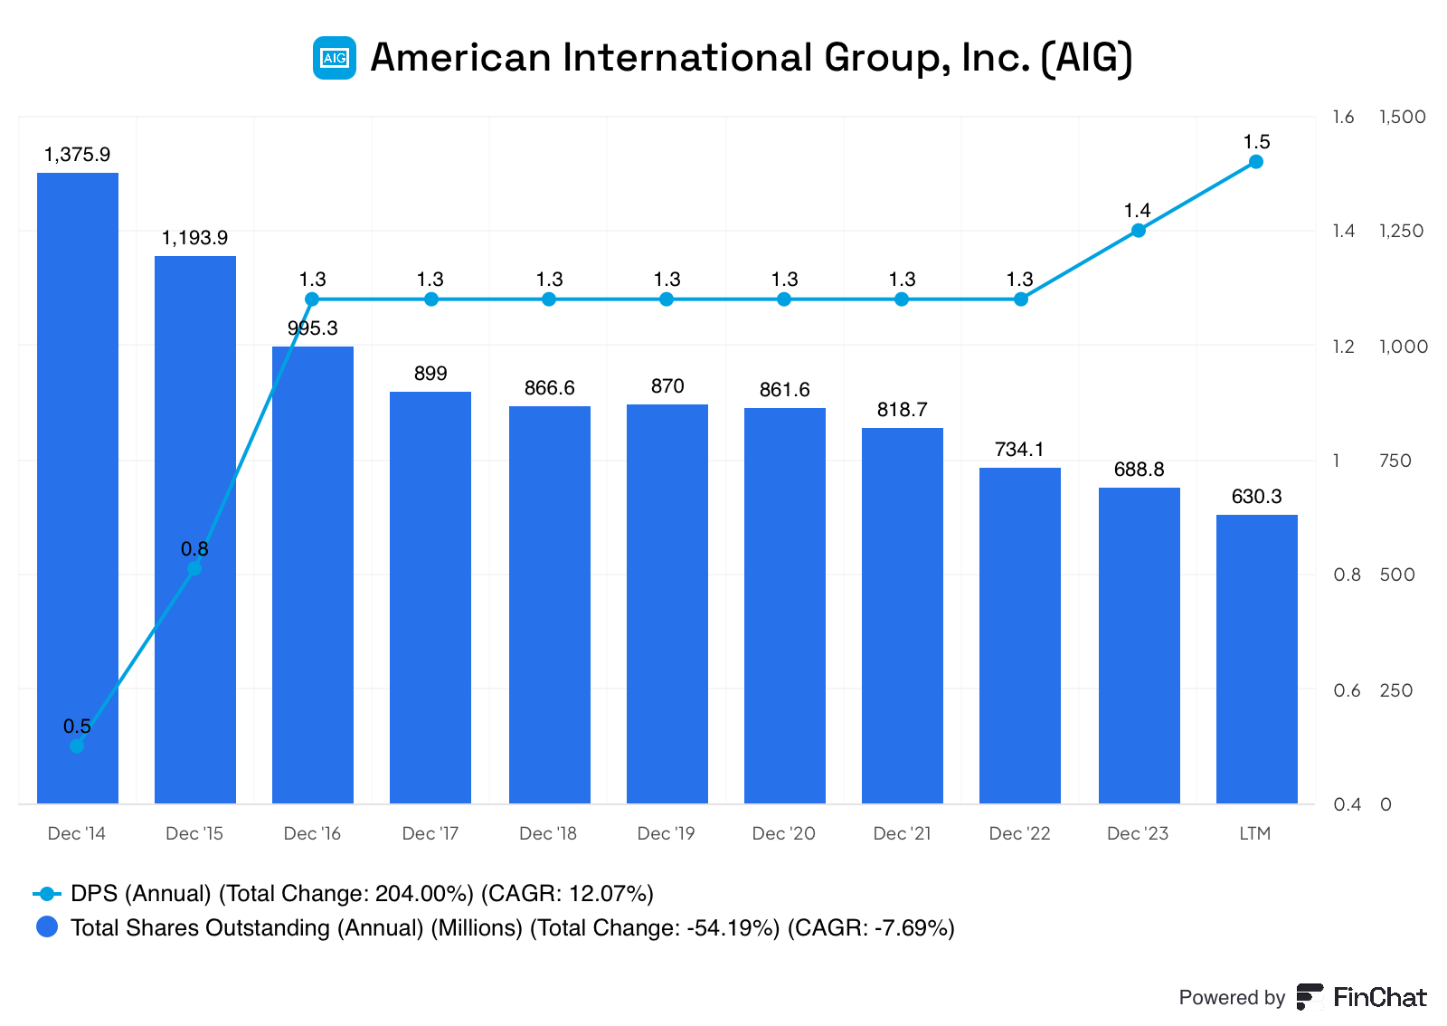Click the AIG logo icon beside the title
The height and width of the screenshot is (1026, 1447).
click(x=334, y=58)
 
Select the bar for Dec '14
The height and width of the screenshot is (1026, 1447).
click(x=78, y=489)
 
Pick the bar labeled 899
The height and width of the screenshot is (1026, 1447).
click(x=430, y=597)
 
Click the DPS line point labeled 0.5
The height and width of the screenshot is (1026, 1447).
click(x=77, y=746)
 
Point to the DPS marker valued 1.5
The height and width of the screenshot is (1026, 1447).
click(x=1256, y=162)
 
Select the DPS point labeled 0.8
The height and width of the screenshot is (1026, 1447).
click(x=194, y=568)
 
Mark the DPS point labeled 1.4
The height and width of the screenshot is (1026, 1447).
click(x=1139, y=231)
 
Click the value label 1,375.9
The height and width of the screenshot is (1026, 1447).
click(x=77, y=155)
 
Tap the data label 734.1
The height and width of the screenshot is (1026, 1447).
click(x=1019, y=450)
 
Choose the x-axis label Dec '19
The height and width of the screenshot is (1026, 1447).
click(x=666, y=833)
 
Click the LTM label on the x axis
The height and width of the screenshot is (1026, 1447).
click(x=1254, y=833)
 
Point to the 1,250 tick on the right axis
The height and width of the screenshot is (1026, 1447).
click(x=1401, y=232)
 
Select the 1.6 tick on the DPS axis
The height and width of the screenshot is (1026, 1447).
click(x=1343, y=117)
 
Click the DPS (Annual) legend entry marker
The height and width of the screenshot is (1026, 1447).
click(x=47, y=894)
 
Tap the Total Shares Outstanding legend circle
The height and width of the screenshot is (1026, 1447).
click(x=47, y=927)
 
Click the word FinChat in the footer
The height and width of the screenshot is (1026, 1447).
click(x=1379, y=997)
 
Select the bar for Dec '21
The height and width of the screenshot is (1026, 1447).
click(x=903, y=615)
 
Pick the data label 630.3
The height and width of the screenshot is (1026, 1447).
click(x=1256, y=497)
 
